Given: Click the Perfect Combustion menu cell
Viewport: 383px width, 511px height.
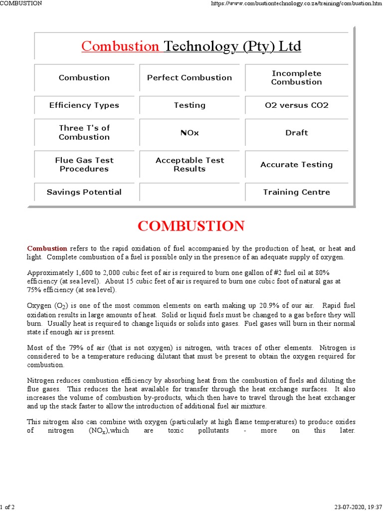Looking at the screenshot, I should pos(190,78).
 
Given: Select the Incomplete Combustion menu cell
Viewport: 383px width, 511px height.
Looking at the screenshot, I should pos(296,78).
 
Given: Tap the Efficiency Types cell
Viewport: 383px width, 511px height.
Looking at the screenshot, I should pos(84,105).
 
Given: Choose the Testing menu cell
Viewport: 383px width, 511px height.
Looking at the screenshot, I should pos(190,105).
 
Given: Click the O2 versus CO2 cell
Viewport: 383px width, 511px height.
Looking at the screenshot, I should pos(296,105).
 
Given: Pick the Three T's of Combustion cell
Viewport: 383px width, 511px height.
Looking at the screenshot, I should pos(84,133).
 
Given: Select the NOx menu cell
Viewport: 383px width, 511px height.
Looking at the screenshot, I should pos(190,133).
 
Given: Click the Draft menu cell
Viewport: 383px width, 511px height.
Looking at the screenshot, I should pos(296,133).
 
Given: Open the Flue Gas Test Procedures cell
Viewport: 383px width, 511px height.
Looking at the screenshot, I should pos(84,165).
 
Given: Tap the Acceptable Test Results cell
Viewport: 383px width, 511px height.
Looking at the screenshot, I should pos(190,165).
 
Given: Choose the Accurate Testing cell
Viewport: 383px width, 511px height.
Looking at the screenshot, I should pos(296,165).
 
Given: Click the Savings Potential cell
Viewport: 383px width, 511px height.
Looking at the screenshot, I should pos(84,192).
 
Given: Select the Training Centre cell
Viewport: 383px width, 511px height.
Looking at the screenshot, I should pos(296,192).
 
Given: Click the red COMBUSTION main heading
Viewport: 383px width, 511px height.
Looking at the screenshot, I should pos(191,226).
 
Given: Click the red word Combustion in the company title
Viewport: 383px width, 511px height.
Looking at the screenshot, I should pos(120,46).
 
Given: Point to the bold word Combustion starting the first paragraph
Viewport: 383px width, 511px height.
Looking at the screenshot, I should pos(47,248).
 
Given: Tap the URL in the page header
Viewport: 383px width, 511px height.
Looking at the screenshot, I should pos(296,3).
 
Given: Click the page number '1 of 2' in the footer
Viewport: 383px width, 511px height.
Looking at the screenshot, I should pos(7,507).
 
